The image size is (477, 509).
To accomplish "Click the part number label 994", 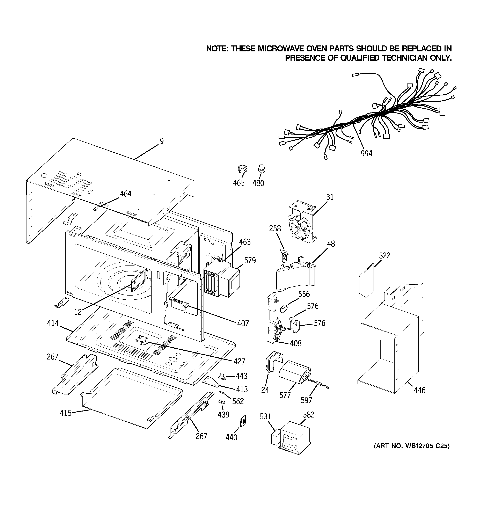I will tap(366, 153).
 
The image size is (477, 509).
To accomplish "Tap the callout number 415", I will tap(66, 413).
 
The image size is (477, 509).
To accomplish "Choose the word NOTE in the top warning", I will tap(217, 49).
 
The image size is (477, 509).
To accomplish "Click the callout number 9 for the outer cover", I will tap(162, 141).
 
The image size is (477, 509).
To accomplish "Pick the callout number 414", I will tap(53, 323).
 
